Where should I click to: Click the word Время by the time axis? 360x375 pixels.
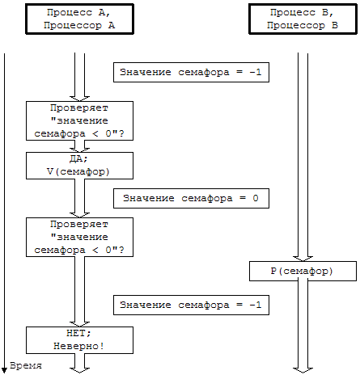[26, 365]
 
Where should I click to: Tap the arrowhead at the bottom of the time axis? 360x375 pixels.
[4, 371]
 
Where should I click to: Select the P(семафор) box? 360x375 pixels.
[303, 271]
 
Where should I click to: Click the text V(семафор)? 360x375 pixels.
[78, 171]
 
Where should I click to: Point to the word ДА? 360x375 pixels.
[78, 159]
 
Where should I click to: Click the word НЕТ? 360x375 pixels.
[78, 333]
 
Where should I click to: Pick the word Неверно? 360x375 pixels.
[78, 346]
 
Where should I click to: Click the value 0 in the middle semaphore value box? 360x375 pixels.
[256, 198]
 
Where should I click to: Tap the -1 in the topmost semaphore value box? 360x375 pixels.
[256, 72]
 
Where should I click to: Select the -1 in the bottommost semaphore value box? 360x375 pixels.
[256, 305]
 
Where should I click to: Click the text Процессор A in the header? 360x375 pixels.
[79, 26]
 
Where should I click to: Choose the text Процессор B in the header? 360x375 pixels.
[303, 26]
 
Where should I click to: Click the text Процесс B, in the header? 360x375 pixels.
[302, 13]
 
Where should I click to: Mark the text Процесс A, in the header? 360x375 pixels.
[78, 13]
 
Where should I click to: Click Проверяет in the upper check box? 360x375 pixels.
[79, 108]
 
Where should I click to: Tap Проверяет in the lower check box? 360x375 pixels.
[79, 225]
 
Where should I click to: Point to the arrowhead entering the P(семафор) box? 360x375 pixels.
[303, 259]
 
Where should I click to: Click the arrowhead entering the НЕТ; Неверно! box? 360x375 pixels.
[79, 324]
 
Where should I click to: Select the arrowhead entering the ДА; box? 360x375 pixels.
[79, 150]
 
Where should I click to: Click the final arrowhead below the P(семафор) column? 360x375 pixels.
[303, 370]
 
